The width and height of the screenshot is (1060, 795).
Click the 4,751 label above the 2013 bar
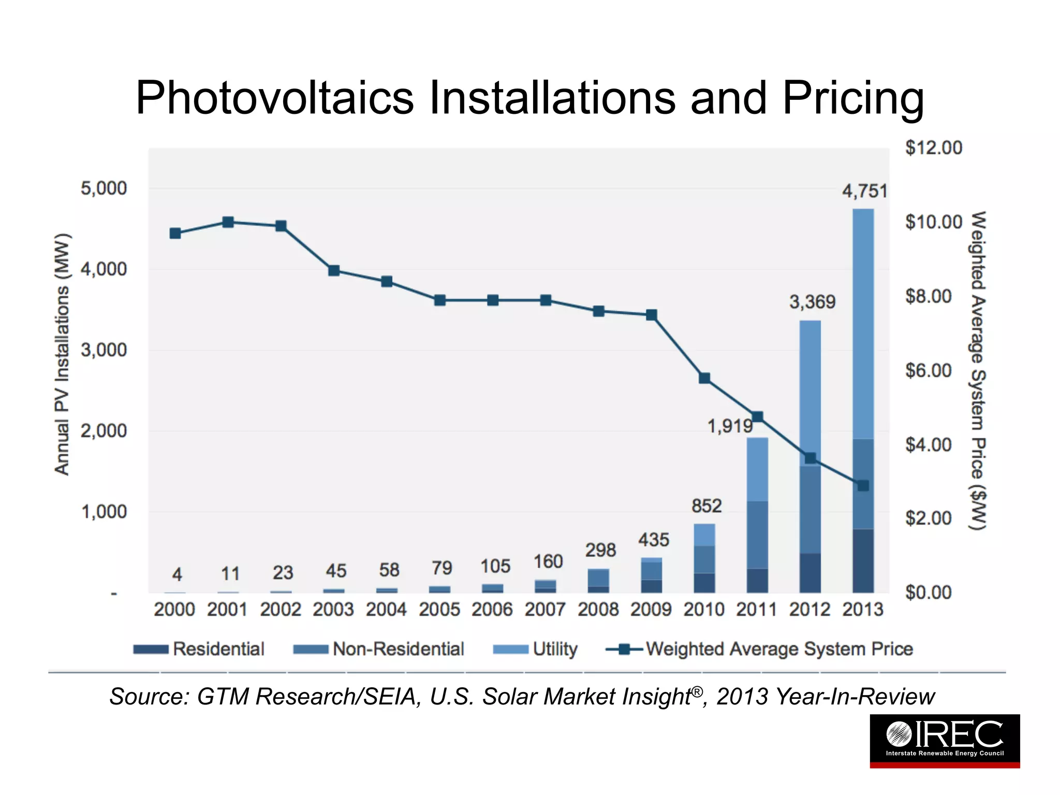[x=864, y=192]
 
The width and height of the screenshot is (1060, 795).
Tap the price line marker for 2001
[x=228, y=223]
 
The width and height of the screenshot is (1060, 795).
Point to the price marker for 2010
[x=704, y=378]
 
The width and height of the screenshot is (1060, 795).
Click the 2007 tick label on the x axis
[x=545, y=610]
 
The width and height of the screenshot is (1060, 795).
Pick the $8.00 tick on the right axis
[x=929, y=297]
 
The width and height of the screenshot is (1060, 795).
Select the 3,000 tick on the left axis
[x=104, y=350]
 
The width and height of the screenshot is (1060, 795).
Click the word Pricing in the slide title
[x=852, y=98]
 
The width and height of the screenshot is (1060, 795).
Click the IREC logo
[x=945, y=740]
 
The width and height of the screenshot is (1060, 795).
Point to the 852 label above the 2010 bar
[x=706, y=506]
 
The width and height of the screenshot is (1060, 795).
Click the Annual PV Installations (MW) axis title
[x=62, y=355]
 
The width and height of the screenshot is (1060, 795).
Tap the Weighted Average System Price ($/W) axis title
[x=977, y=370]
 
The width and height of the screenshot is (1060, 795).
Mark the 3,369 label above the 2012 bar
[x=812, y=302]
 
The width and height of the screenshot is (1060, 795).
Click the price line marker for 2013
[x=863, y=485]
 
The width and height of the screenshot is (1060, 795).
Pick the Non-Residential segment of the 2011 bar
[x=757, y=535]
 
